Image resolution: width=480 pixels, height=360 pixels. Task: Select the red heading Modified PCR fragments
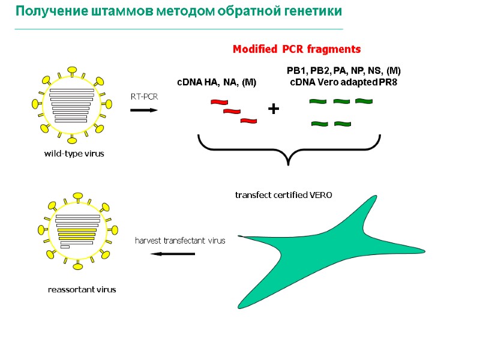click(x=296, y=49)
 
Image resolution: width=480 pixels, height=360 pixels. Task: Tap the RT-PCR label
click(x=143, y=96)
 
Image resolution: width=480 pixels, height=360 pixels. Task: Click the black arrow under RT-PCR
click(x=144, y=110)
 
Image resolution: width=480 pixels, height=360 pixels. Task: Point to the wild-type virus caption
click(x=74, y=154)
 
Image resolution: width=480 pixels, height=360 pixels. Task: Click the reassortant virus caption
click(x=82, y=289)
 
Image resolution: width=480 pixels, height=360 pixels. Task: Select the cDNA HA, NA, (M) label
click(x=216, y=82)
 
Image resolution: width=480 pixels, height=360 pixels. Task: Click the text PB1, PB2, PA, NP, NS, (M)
click(x=339, y=71)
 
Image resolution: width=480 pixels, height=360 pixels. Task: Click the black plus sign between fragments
click(x=274, y=109)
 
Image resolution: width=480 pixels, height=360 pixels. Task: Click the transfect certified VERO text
click(x=283, y=195)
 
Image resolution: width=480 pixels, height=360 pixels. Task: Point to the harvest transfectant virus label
click(x=180, y=241)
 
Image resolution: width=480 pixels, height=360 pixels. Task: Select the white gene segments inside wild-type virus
click(x=71, y=106)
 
